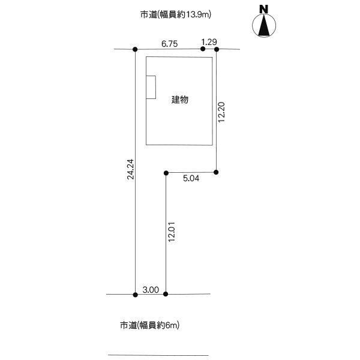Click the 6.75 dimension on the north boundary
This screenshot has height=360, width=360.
pyautogui.click(x=169, y=44)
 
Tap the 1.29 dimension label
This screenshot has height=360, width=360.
pyautogui.click(x=209, y=42)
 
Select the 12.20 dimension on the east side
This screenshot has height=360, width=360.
pyautogui.click(x=221, y=112)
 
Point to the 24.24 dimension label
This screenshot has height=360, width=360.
pyautogui.click(x=130, y=169)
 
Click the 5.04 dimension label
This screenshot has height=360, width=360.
pyautogui.click(x=191, y=178)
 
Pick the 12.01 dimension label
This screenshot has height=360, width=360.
pyautogui.click(x=172, y=232)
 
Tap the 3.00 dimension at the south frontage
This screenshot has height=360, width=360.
pyautogui.click(x=151, y=290)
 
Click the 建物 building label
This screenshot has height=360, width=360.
pyautogui.click(x=180, y=100)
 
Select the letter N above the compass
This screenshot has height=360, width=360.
pyautogui.click(x=263, y=9)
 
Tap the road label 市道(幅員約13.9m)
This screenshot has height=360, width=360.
pyautogui.click(x=176, y=14)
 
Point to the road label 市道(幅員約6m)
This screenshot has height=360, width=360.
pyautogui.click(x=149, y=325)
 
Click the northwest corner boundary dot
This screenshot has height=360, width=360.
pyautogui.click(x=135, y=49)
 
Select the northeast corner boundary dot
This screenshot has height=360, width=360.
pyautogui.click(x=217, y=49)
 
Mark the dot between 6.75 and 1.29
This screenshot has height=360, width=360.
pyautogui.click(x=203, y=49)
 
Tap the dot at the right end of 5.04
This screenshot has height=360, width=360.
pyautogui.click(x=216, y=172)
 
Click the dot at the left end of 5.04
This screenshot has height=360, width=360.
pyautogui.click(x=166, y=173)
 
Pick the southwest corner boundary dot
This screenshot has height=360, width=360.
pyautogui.click(x=135, y=295)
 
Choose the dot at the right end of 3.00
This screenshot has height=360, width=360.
pyautogui.click(x=166, y=294)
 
